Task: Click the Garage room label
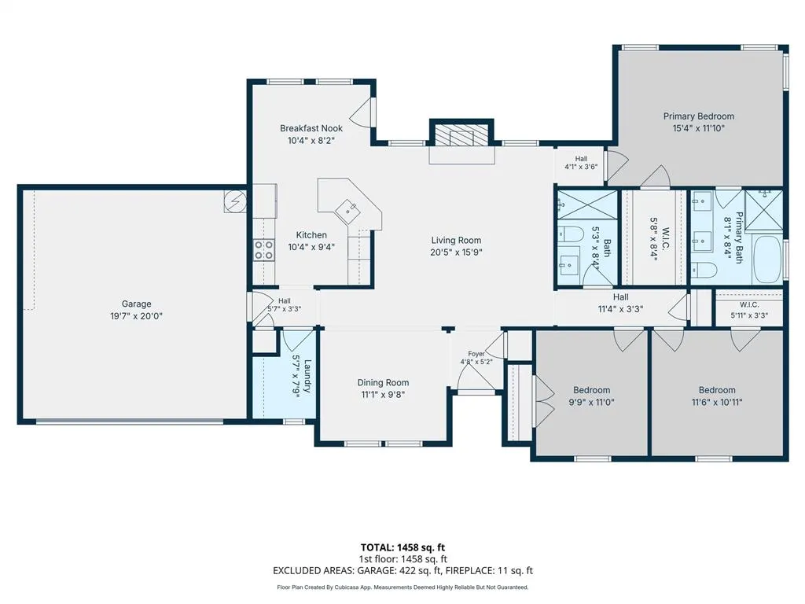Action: (136, 304)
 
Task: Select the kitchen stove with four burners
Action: (263, 250)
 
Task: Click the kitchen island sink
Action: (349, 210)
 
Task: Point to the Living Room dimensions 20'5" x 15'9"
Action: (456, 252)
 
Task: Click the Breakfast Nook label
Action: (311, 128)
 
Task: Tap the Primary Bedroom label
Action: (699, 116)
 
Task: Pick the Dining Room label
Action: (383, 382)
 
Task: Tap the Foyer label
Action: (476, 354)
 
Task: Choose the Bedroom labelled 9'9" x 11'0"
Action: (591, 390)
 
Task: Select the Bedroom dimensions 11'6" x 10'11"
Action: (717, 402)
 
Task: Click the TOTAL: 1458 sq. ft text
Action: (402, 547)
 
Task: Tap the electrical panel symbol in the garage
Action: (235, 201)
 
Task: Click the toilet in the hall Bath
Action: (571, 234)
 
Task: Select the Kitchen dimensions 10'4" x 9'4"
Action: (311, 247)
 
